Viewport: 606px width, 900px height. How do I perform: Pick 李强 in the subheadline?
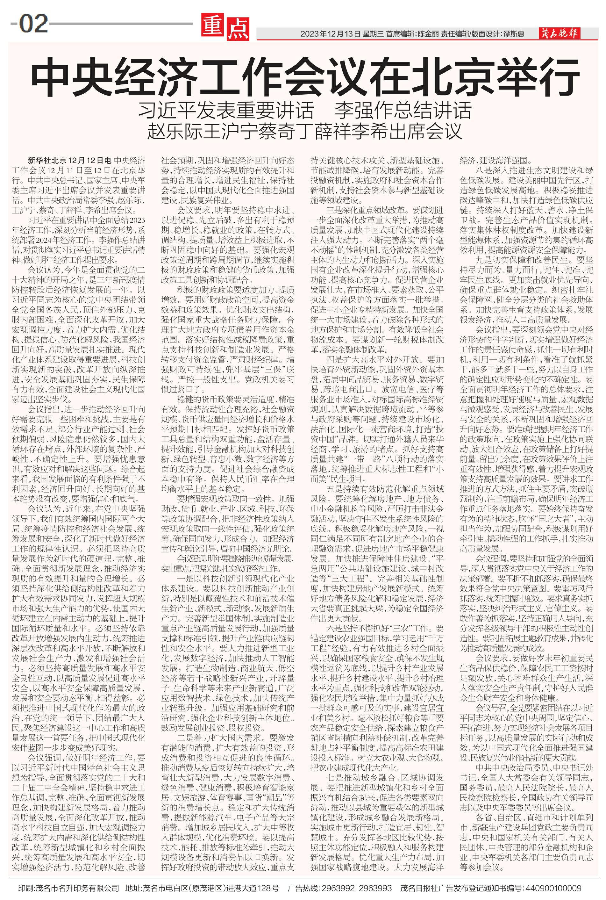[353, 111]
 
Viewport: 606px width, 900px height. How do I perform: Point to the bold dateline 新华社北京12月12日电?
[69, 161]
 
